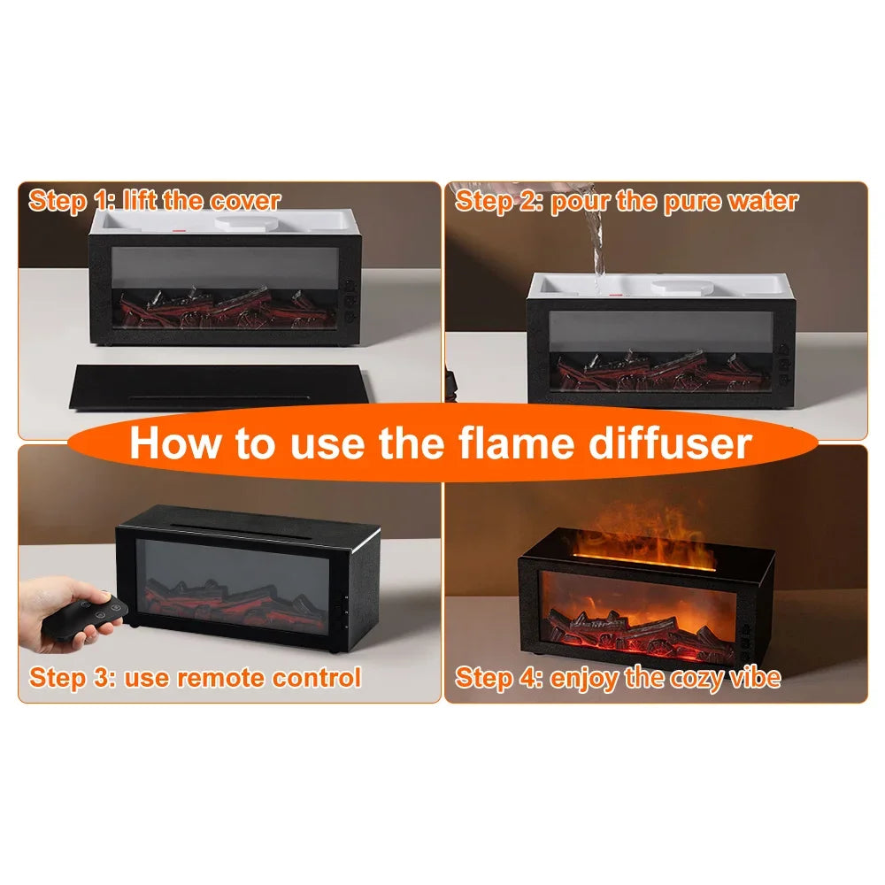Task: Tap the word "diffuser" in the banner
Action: tap(679, 442)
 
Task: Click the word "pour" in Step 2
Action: tap(580, 200)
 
